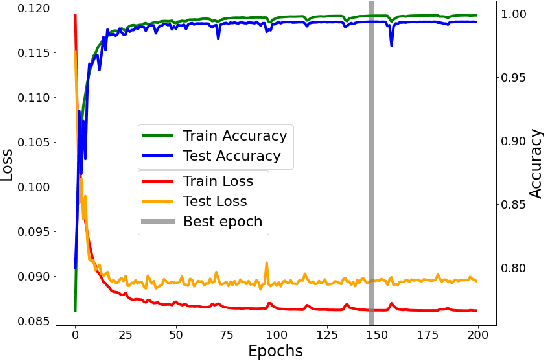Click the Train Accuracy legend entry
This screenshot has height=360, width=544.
click(234, 135)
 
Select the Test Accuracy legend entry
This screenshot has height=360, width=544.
click(231, 156)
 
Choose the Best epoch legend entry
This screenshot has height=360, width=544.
click(222, 220)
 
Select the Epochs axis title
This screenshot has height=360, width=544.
click(275, 350)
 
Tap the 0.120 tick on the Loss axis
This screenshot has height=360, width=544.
click(38, 8)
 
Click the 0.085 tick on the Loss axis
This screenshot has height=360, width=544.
click(38, 322)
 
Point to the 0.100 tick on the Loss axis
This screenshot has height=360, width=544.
click(38, 187)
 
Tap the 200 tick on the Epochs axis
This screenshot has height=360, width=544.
click(478, 333)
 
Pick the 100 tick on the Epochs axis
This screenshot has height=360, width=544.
click(276, 333)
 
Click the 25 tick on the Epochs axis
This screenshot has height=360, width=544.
click(125, 333)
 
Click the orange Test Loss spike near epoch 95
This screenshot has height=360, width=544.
click(267, 264)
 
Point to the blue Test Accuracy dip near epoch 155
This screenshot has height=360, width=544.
click(391, 43)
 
